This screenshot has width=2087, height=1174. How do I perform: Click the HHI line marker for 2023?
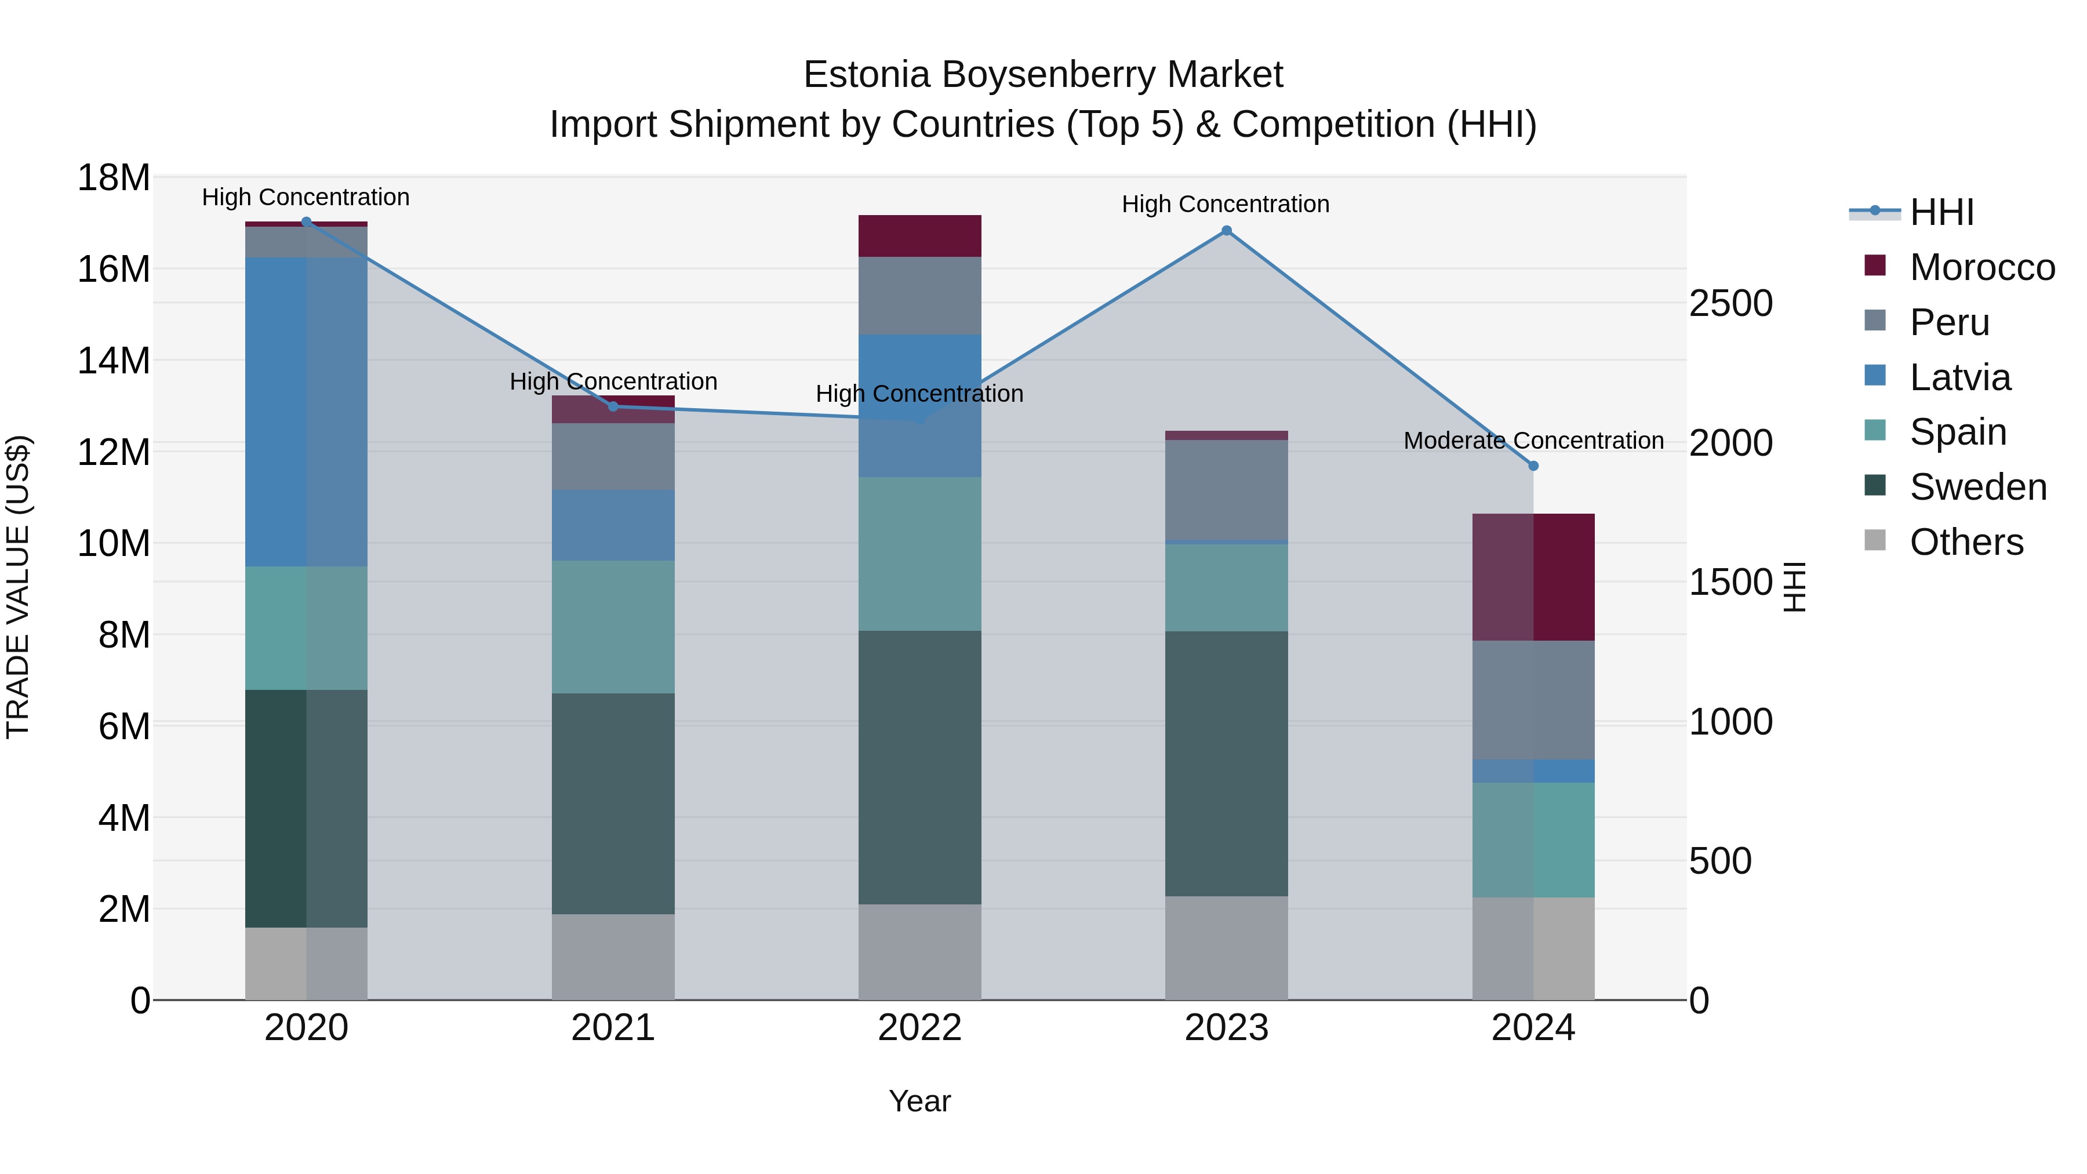(x=1227, y=231)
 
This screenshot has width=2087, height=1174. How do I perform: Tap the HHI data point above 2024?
(x=1533, y=466)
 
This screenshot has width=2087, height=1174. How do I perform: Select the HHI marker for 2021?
(x=613, y=407)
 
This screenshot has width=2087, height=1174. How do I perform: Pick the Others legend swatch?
(x=1875, y=540)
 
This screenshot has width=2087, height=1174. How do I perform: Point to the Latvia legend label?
(x=1960, y=377)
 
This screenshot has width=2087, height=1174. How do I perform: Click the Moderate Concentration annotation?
(x=1533, y=441)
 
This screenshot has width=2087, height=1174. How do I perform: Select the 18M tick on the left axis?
(x=114, y=177)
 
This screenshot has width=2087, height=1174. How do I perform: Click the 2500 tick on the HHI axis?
(x=1730, y=304)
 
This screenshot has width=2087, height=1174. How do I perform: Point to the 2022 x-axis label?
(x=919, y=1028)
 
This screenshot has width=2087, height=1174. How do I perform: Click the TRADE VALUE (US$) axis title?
(x=18, y=587)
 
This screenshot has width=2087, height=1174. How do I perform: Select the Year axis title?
(x=919, y=1101)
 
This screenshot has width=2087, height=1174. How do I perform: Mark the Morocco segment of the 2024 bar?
(x=1533, y=577)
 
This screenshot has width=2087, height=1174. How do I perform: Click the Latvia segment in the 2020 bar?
(x=306, y=412)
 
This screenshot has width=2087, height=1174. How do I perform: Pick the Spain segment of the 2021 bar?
(x=613, y=627)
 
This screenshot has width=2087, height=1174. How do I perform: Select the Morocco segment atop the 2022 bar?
(x=919, y=236)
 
